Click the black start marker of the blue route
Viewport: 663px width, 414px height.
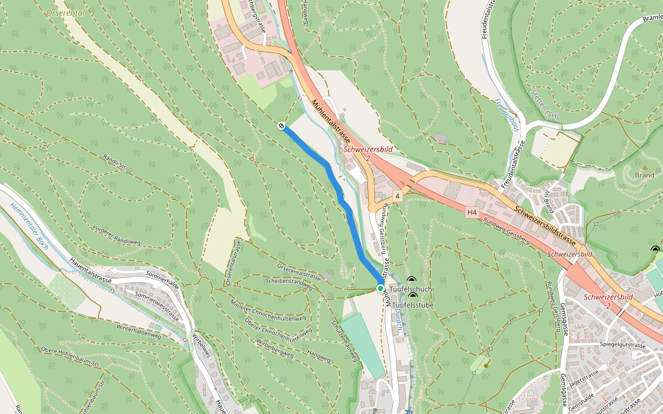click(281, 126)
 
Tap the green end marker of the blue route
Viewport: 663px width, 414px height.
click(380, 288)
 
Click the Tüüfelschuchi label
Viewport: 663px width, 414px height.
click(412, 289)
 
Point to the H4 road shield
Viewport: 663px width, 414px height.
click(472, 213)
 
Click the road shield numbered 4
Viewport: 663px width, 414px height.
click(398, 197)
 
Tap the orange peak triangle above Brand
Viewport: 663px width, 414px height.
click(644, 168)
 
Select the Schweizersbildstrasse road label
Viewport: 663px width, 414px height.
click(545, 221)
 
